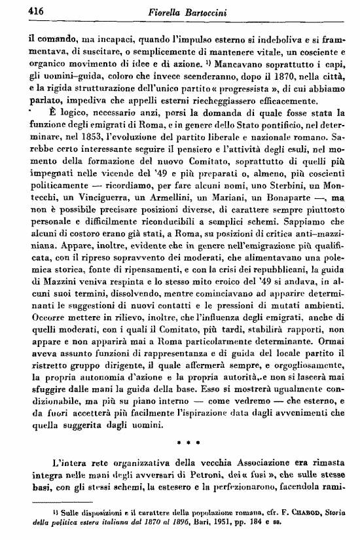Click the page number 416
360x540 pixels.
[18, 10]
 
